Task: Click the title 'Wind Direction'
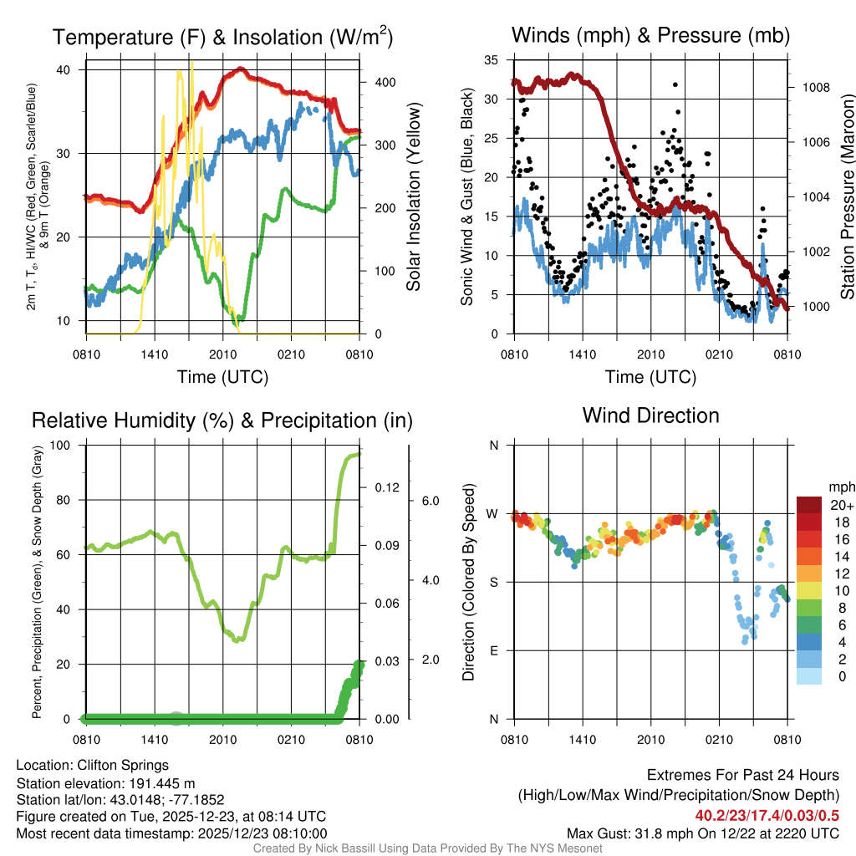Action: (650, 415)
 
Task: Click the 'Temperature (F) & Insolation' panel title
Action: (222, 37)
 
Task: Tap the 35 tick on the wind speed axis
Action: (492, 59)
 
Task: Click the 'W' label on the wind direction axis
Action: (493, 513)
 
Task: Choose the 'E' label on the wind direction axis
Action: (493, 650)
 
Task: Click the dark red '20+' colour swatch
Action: (810, 505)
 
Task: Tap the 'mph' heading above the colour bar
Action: (839, 487)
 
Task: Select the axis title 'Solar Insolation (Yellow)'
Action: (414, 196)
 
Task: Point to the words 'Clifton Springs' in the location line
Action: (123, 765)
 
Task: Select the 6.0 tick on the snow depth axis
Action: (429, 501)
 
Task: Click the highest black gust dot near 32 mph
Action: (674, 84)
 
